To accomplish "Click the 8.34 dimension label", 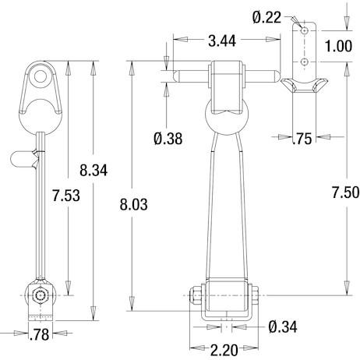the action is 94,171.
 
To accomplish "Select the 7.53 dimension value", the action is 66,196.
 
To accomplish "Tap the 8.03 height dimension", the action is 133,204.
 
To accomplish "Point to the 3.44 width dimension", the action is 222,41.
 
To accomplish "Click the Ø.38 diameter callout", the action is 168,139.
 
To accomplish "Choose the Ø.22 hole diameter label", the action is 266,18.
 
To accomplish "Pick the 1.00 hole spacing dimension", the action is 338,46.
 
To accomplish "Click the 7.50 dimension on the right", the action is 346,192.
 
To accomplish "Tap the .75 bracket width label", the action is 302,139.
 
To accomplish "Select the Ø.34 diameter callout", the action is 283,326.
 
